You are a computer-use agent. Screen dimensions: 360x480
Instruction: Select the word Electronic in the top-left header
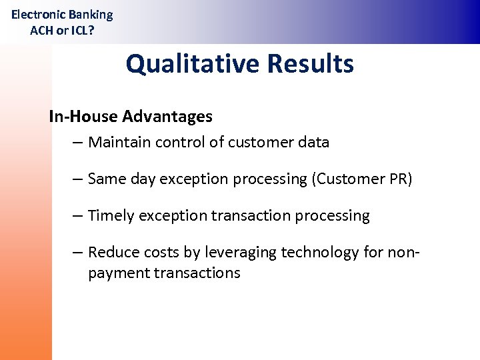point(39,15)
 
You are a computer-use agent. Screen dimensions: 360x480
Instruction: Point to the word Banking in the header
point(91,15)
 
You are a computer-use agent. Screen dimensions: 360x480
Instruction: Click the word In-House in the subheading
point(79,117)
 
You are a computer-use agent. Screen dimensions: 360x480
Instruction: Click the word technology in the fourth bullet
point(320,253)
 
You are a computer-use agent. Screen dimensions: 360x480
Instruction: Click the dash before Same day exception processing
point(78,179)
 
